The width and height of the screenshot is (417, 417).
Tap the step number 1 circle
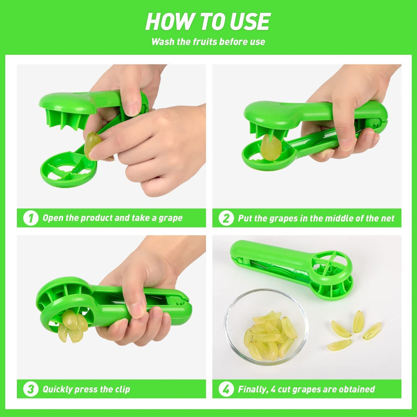pyautogui.click(x=30, y=218)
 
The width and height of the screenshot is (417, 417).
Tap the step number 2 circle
pyautogui.click(x=225, y=218)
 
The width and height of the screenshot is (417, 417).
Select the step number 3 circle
pyautogui.click(x=30, y=389)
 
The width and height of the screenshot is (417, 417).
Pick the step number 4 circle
pyautogui.click(x=225, y=389)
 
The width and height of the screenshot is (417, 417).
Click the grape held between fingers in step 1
pyautogui.click(x=92, y=144)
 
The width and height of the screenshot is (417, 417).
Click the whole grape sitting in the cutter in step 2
pyautogui.click(x=271, y=148)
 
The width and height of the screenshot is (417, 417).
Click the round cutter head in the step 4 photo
pyautogui.click(x=331, y=270)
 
